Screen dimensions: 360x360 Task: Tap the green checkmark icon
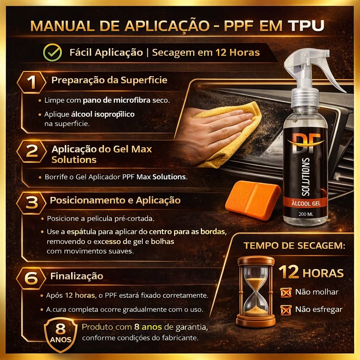click(x=53, y=52)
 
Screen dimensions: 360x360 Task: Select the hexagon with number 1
click(x=31, y=82)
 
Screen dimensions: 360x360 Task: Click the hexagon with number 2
click(x=31, y=152)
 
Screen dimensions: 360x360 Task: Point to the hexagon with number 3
click(x=31, y=203)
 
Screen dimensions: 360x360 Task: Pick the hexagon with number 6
click(x=31, y=278)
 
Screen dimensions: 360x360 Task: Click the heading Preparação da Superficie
click(x=109, y=80)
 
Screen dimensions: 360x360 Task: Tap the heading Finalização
click(x=77, y=276)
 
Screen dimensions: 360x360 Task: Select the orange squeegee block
click(x=252, y=200)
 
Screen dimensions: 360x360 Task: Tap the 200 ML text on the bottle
click(x=306, y=214)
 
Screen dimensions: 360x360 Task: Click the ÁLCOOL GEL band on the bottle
click(x=306, y=203)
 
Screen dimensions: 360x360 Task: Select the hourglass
click(x=256, y=291)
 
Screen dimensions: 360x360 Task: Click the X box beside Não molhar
click(x=286, y=292)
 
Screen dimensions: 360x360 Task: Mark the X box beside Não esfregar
click(x=286, y=310)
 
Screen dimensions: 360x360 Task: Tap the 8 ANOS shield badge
click(x=60, y=335)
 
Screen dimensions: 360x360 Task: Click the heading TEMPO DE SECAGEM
click(x=294, y=246)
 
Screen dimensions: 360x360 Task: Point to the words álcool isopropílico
click(x=103, y=114)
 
